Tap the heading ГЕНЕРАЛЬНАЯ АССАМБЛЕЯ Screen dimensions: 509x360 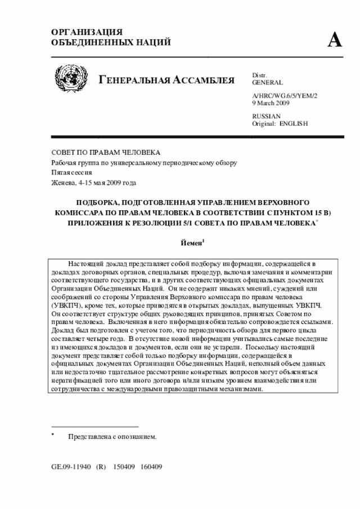tap(167, 80)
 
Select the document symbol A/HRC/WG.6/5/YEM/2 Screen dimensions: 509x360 tap(285, 96)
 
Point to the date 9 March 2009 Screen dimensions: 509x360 tap(272, 103)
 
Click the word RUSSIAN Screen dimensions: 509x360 tap(267, 116)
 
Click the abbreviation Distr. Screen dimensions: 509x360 tap(260, 75)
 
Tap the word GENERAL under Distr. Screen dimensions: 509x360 tap(268, 83)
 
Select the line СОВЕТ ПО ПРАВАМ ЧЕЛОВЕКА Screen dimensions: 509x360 tap(106, 153)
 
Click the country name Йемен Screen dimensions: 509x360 tap(191, 244)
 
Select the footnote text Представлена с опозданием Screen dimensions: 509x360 tap(112, 436)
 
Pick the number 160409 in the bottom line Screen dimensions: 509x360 tap(151, 467)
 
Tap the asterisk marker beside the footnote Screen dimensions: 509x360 tap(52, 435)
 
